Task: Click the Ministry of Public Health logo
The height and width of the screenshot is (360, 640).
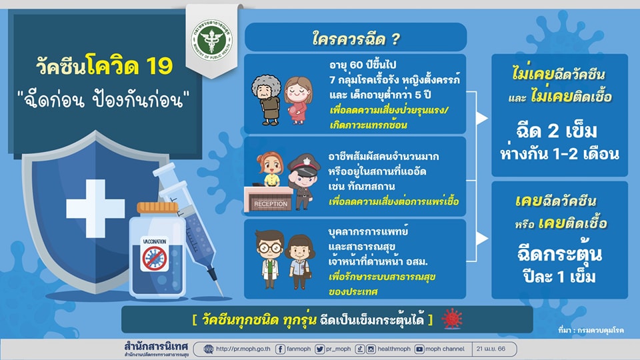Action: pos(212,39)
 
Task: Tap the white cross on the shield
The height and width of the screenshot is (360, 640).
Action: pos(95,208)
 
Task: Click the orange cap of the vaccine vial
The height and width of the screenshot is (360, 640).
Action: pos(157,208)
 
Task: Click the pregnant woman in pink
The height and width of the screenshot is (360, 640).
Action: pos(299,100)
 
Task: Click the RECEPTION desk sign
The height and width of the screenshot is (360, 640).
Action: pos(271,204)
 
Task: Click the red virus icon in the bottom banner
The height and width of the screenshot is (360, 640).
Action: pos(452,319)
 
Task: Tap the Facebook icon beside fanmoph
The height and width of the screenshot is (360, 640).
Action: pos(280,349)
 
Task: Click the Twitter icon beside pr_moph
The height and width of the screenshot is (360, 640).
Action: pos(319,349)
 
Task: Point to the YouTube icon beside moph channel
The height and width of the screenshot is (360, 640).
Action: pos(419,349)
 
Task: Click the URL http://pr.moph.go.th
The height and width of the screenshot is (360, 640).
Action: pos(243,349)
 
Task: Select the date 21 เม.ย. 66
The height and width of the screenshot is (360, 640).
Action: pos(491,349)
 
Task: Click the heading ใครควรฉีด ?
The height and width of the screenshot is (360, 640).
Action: pos(356,39)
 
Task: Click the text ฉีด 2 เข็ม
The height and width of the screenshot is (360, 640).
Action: pos(557,131)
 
